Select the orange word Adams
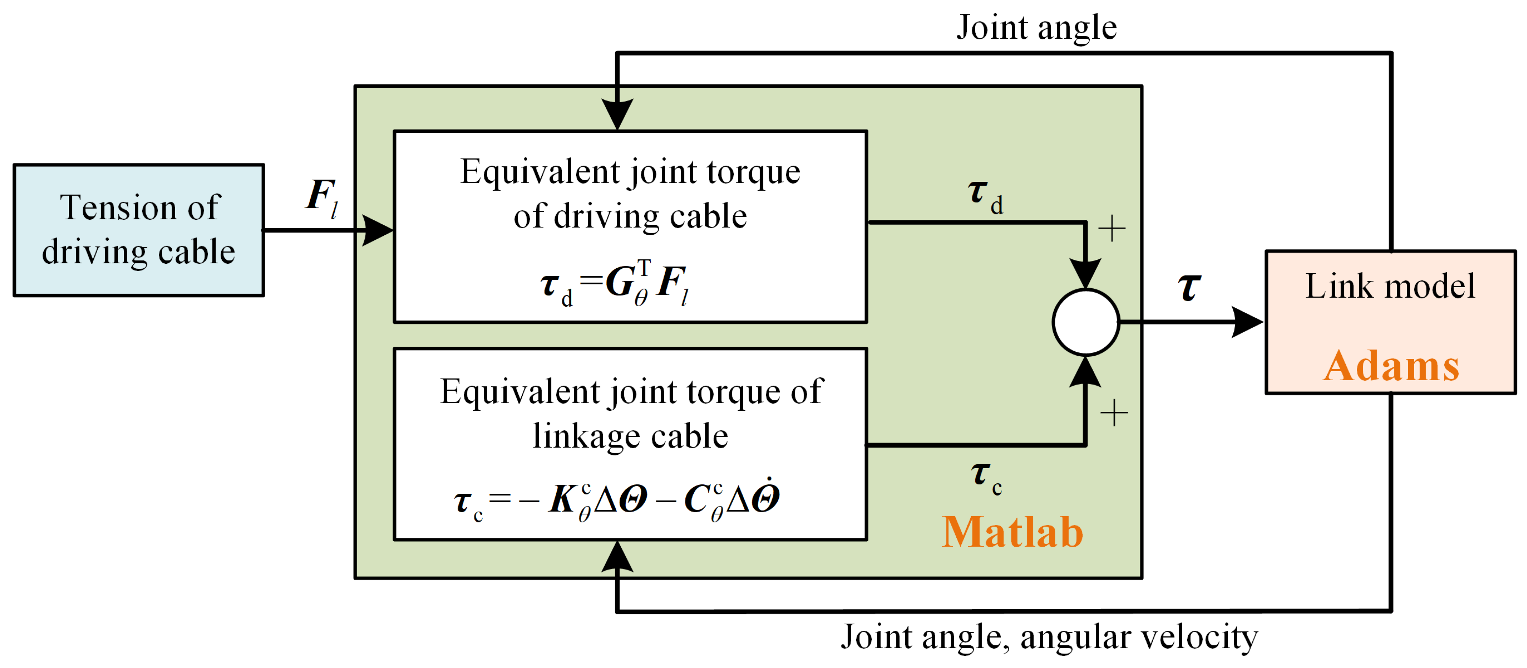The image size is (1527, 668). click(x=1391, y=366)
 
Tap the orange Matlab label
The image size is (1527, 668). click(x=1012, y=532)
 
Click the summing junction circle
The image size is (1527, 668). click(x=1085, y=322)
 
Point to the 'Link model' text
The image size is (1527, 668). click(x=1390, y=286)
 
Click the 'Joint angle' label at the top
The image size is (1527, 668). click(x=1036, y=27)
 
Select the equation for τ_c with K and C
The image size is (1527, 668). click(x=616, y=500)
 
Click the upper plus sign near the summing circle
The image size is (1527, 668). click(x=1111, y=229)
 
